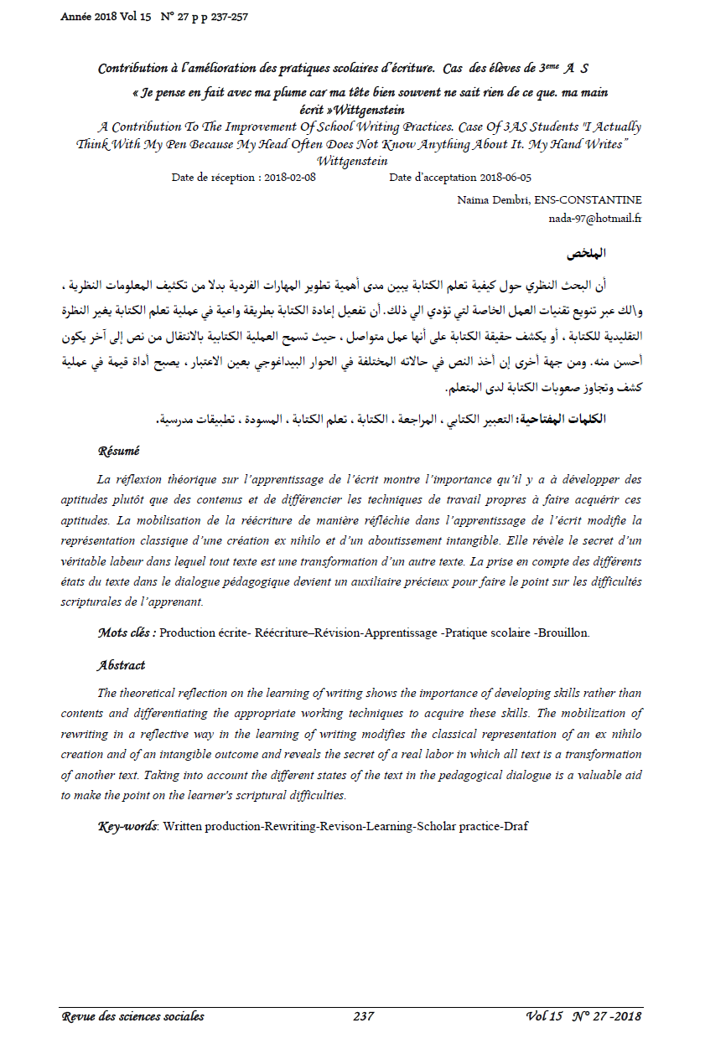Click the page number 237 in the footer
[x=363, y=1016]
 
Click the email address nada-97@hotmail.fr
[x=594, y=218]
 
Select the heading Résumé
[x=119, y=451]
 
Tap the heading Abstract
[x=122, y=665]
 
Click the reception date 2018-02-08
[x=289, y=178]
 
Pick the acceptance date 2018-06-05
[x=505, y=178]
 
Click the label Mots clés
[x=127, y=633]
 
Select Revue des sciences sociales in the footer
[x=133, y=1016]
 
